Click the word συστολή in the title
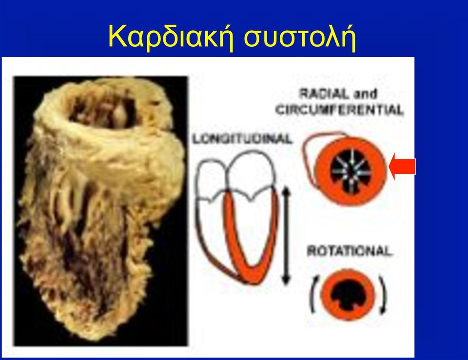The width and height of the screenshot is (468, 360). [x=300, y=37]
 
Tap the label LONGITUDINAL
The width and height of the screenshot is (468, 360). [x=242, y=139]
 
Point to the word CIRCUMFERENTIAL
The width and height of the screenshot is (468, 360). [x=339, y=110]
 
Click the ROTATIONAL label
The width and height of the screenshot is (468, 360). [x=349, y=251]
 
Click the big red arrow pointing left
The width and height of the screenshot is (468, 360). [x=402, y=166]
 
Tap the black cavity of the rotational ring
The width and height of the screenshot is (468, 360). [x=348, y=295]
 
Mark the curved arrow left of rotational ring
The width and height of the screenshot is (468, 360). [x=313, y=294]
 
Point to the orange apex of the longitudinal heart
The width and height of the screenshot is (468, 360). [x=253, y=273]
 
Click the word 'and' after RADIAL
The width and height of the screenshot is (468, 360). [x=365, y=94]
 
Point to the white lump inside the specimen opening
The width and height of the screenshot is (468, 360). [x=119, y=115]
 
